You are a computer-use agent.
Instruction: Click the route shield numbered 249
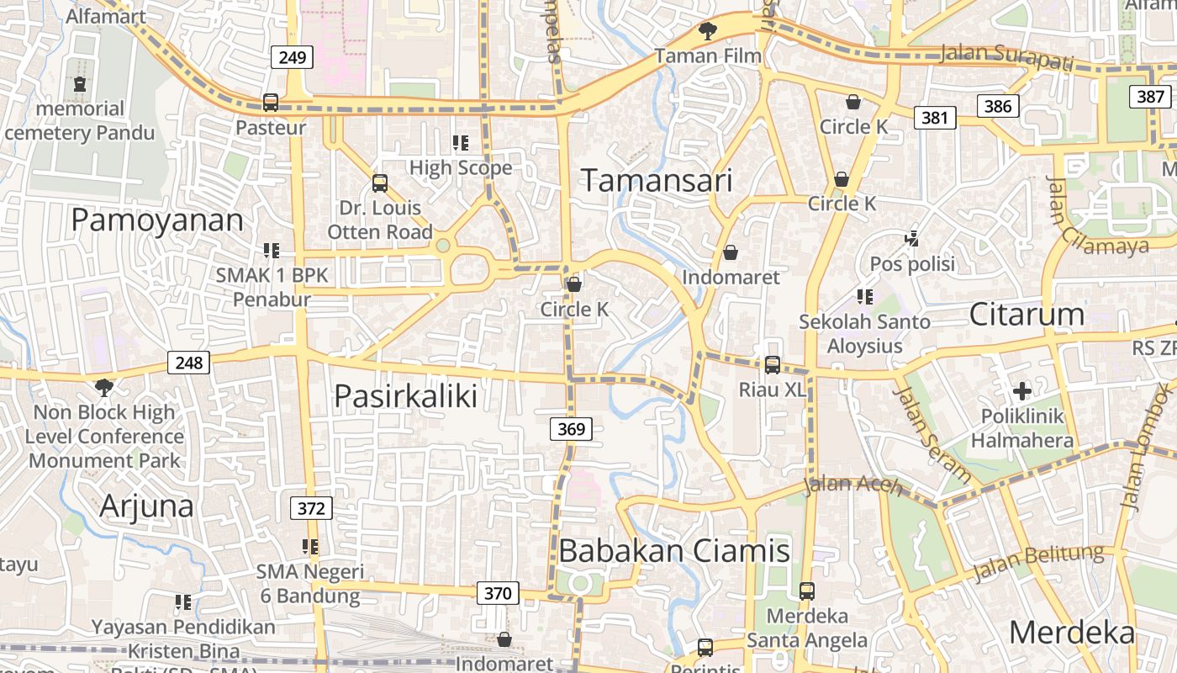(x=293, y=58)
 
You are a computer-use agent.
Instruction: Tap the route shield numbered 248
(x=189, y=363)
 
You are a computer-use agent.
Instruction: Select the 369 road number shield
(x=572, y=429)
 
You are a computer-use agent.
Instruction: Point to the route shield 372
(x=311, y=508)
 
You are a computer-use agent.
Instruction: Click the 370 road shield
(x=498, y=593)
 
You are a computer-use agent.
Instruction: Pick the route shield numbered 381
(x=935, y=117)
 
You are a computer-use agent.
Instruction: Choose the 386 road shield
(x=998, y=105)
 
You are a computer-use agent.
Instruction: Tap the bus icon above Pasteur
(x=271, y=103)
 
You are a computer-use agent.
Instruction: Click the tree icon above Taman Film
(x=708, y=32)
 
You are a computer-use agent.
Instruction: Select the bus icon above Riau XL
(x=772, y=365)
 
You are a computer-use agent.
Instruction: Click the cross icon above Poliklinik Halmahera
(x=1022, y=391)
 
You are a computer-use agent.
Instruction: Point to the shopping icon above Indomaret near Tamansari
(x=731, y=252)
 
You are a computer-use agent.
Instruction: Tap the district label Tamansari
(x=657, y=180)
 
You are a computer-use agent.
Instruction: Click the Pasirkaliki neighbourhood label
(x=405, y=395)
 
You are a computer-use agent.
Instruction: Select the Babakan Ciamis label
(x=674, y=551)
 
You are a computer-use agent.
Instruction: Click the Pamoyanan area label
(x=157, y=220)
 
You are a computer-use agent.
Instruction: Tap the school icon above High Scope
(x=460, y=143)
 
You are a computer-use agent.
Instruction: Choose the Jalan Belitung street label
(x=1038, y=562)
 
